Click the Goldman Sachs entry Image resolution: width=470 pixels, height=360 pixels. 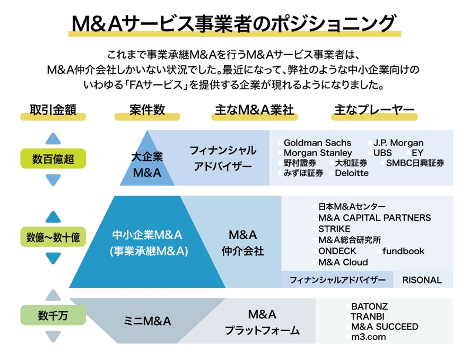[317, 143]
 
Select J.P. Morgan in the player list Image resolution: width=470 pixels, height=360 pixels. [398, 143]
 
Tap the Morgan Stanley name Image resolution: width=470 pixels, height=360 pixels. [318, 153]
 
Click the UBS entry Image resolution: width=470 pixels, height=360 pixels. [382, 153]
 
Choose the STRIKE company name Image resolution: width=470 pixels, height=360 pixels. [334, 229]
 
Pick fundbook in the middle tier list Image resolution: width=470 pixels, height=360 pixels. [403, 251]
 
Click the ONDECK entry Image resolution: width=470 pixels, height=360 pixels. [337, 251]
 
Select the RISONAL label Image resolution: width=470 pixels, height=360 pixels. [422, 280]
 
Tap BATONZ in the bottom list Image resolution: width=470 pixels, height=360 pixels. [369, 307]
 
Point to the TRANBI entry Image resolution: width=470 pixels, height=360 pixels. [367, 317]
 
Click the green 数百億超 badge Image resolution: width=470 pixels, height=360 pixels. [53, 159]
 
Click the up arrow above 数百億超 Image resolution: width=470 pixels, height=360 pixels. [53, 139]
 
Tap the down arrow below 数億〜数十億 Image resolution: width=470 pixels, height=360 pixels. [53, 258]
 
